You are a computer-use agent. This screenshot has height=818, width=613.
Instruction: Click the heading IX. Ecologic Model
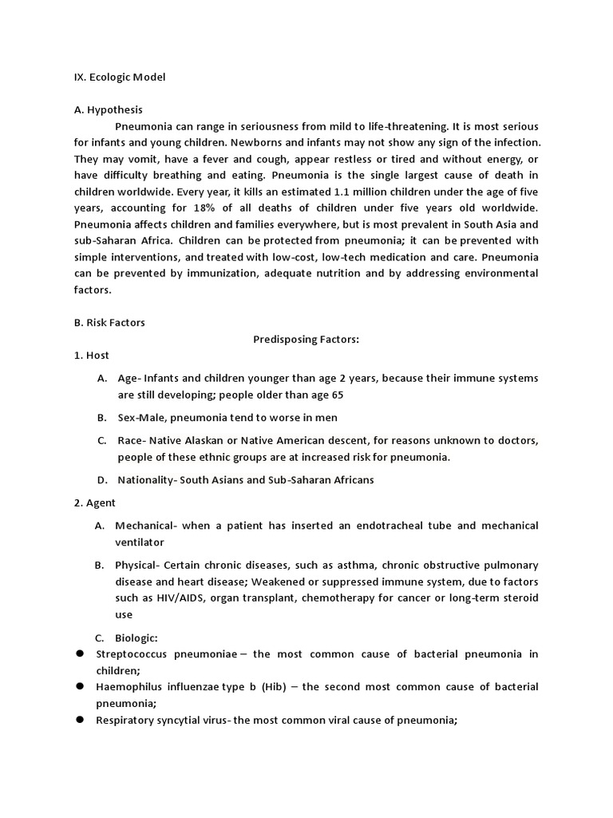(x=119, y=77)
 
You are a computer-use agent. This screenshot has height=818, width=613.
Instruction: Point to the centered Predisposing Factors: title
(x=306, y=339)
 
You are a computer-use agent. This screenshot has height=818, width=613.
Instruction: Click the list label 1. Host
(x=91, y=355)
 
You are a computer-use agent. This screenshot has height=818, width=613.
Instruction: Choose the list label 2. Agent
(x=94, y=502)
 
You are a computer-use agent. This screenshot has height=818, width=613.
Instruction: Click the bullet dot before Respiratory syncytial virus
(x=81, y=720)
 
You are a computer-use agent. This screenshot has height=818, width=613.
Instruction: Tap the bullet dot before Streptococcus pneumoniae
(x=81, y=654)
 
